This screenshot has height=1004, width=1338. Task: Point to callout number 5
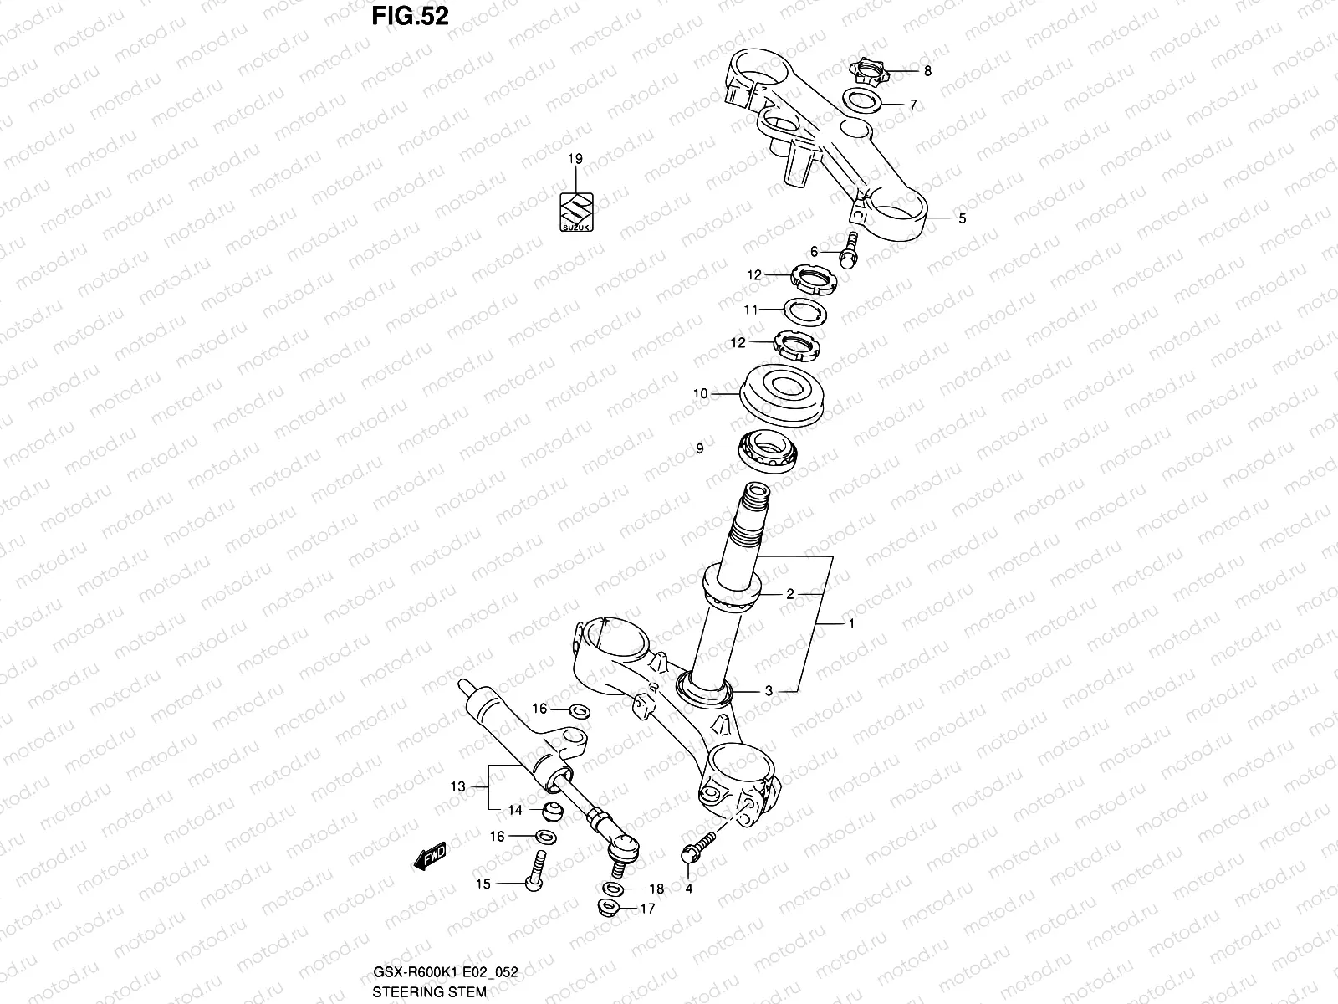coord(962,218)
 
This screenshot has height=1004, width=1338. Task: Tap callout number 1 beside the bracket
coord(851,624)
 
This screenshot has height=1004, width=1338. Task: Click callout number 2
coord(789,594)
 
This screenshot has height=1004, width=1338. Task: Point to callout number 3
coord(768,691)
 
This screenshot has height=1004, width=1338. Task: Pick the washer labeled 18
coord(611,887)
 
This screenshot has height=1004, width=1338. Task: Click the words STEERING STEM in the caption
coord(429,992)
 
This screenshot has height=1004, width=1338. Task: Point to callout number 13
coord(457,786)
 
